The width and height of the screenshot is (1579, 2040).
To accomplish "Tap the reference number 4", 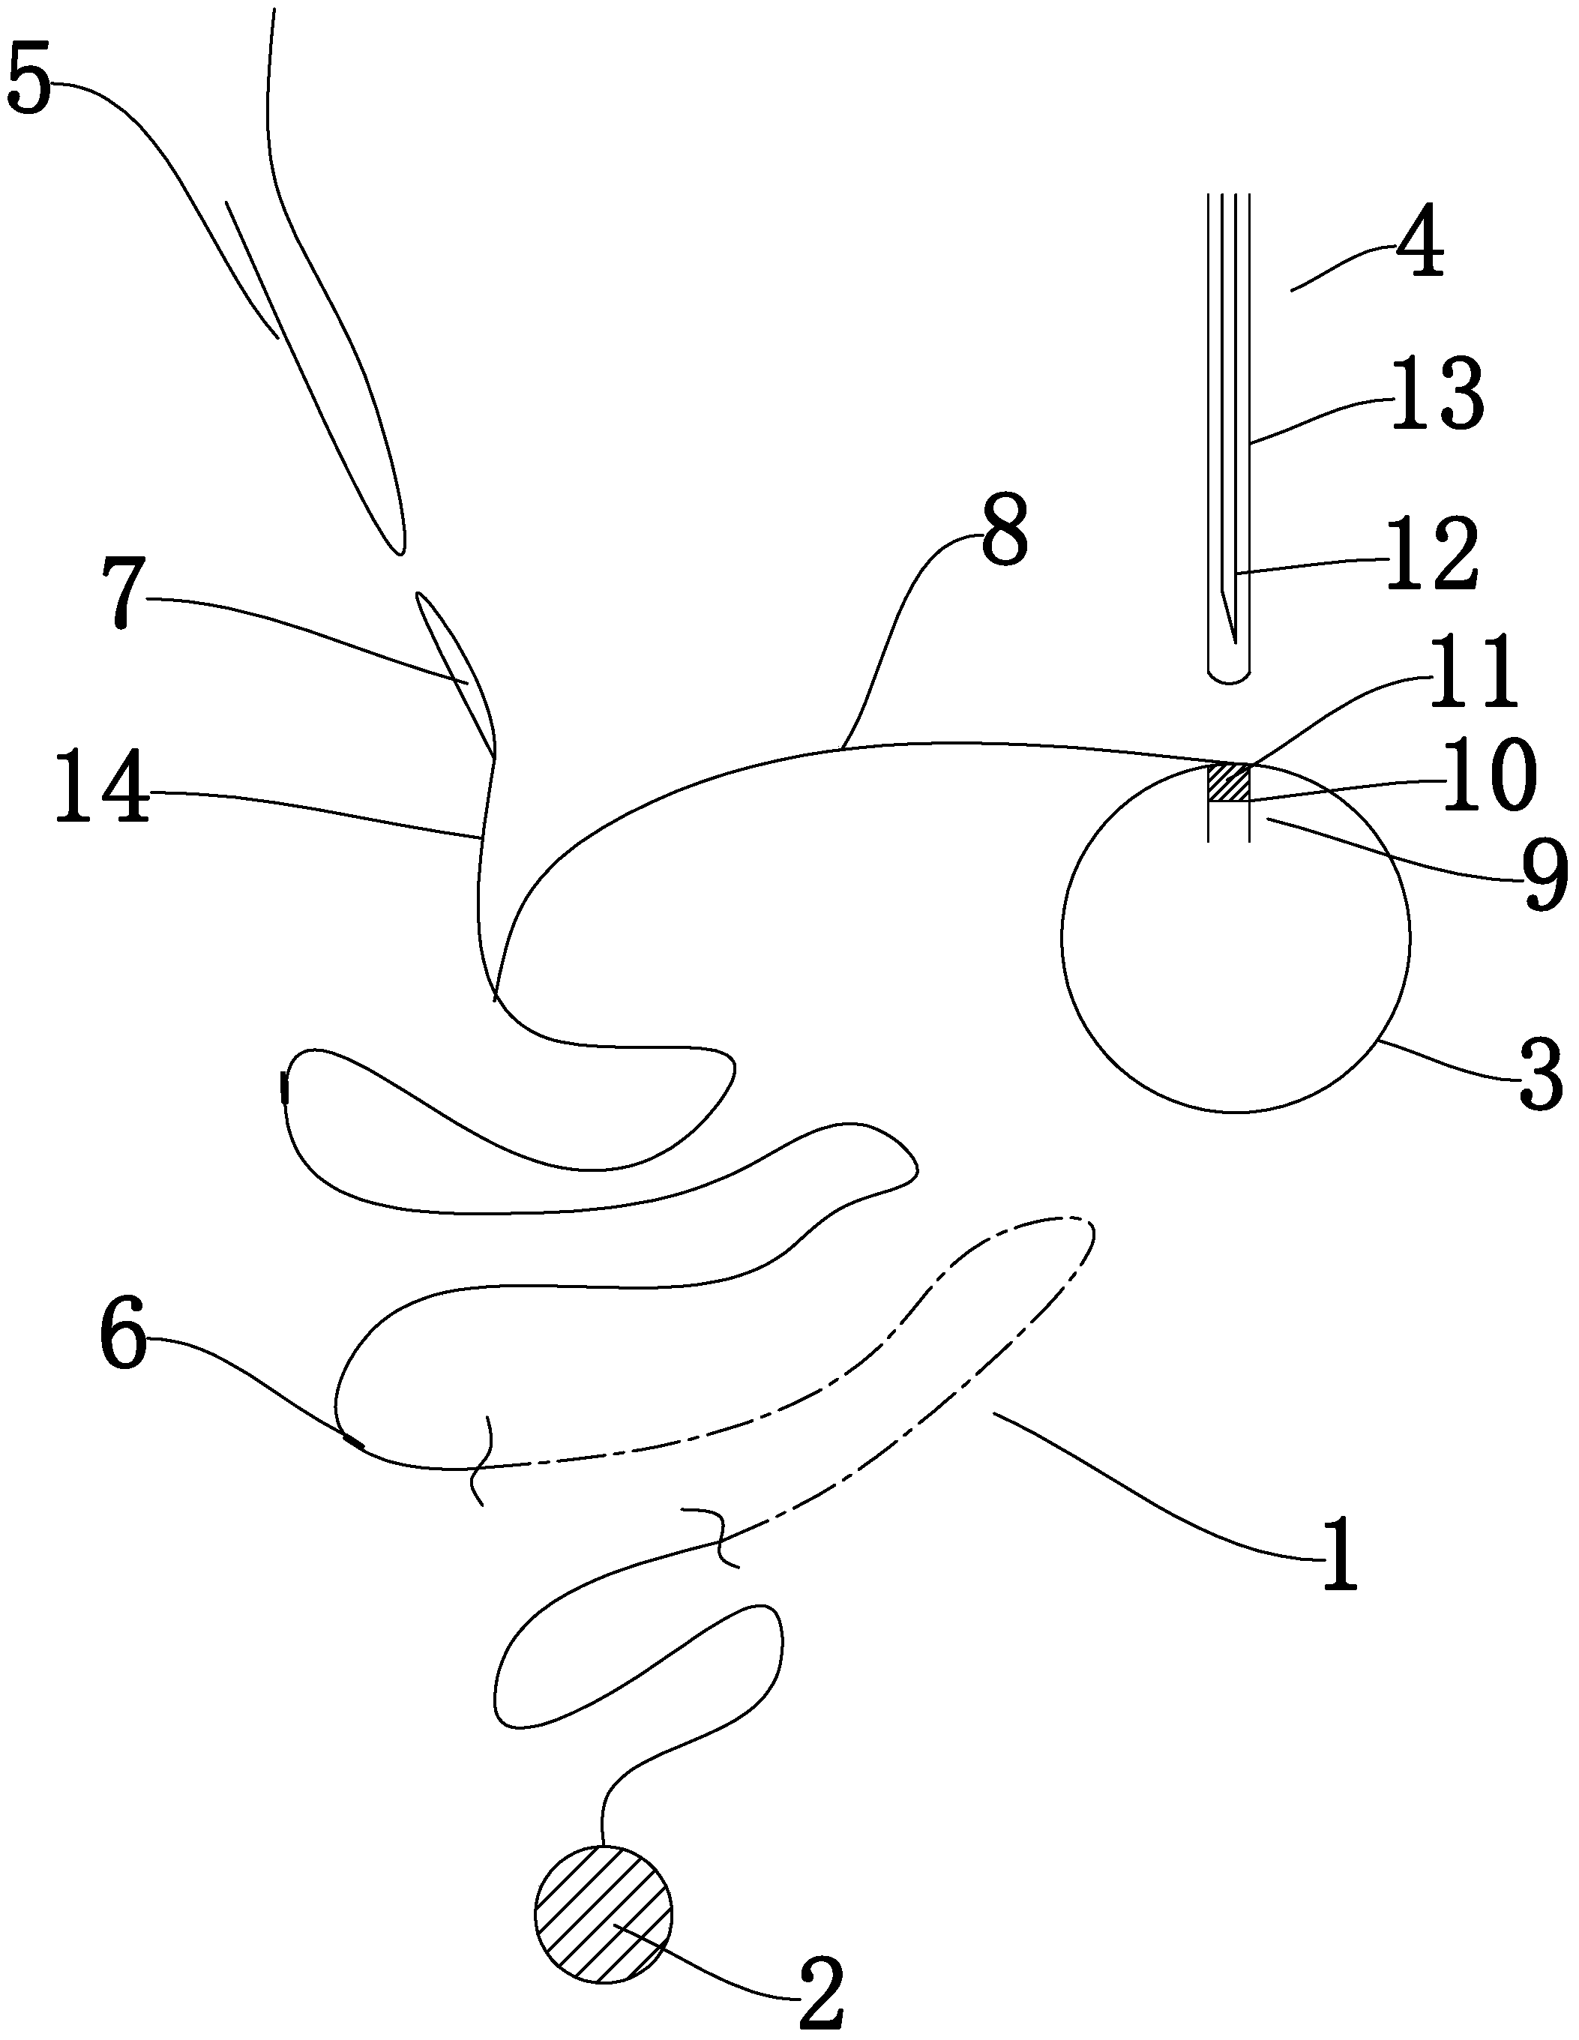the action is [x=1419, y=246].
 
